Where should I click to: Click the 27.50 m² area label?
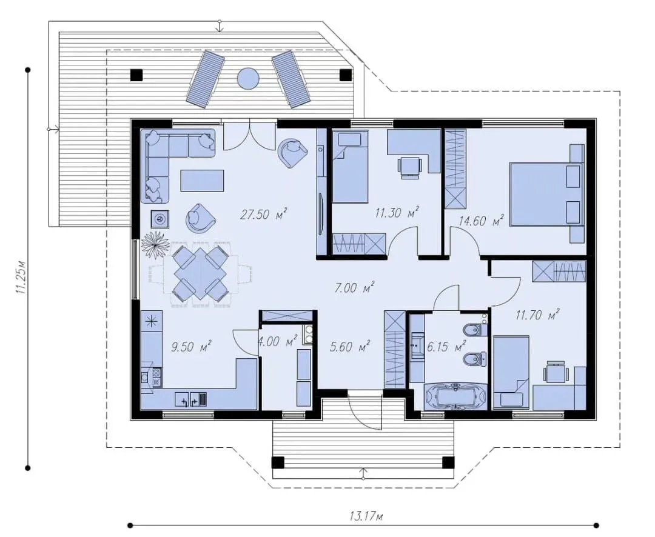click(x=264, y=215)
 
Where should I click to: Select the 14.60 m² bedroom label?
click(x=481, y=221)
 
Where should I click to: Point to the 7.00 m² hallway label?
click(x=355, y=287)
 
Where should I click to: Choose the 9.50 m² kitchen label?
click(x=191, y=346)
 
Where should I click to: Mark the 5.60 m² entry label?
click(x=350, y=346)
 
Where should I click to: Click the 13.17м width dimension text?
click(x=366, y=516)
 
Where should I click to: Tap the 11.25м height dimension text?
click(x=21, y=278)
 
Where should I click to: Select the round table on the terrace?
click(x=249, y=79)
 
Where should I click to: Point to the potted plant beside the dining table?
click(x=155, y=245)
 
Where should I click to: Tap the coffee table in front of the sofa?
click(x=202, y=181)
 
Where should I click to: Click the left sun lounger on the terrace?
click(x=205, y=79)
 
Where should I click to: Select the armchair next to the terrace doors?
click(x=293, y=152)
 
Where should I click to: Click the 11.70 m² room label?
click(x=537, y=315)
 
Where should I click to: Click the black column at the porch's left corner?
click(x=277, y=462)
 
